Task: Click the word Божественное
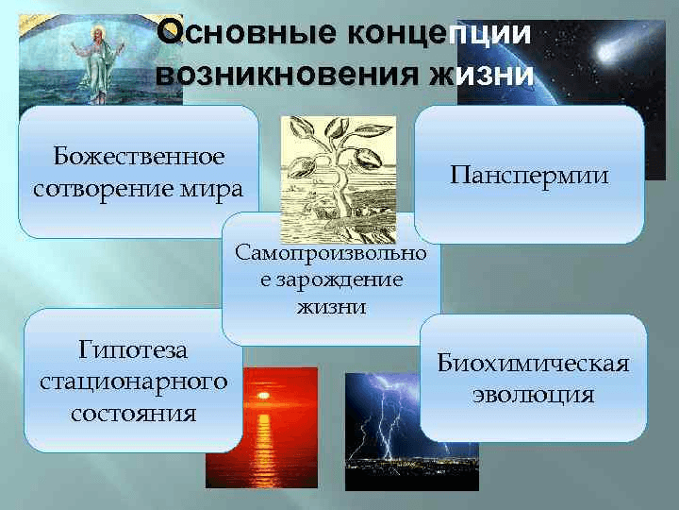pos(139,155)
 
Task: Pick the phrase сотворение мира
pos(139,187)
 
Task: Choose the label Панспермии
pos(529,175)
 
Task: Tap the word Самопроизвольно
pos(330,254)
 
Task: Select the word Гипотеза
pos(133,350)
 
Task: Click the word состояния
pos(133,413)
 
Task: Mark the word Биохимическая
pos(533,365)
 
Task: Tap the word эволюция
pos(533,395)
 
